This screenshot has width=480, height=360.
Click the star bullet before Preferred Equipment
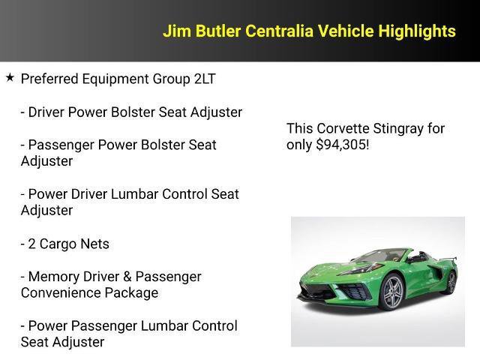(10, 77)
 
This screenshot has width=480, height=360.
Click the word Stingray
(400, 128)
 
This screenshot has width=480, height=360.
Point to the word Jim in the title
(176, 31)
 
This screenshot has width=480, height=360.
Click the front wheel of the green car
(393, 293)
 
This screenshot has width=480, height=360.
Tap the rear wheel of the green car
(451, 281)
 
